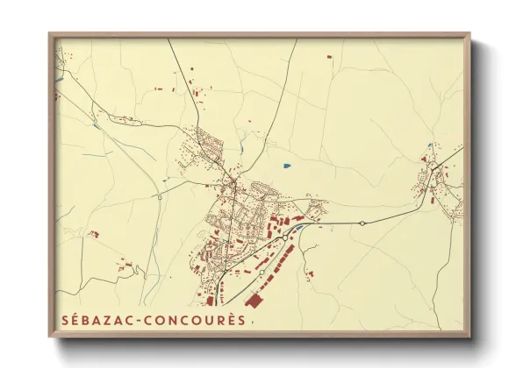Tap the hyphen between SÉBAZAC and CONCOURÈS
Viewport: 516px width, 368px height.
(x=137, y=320)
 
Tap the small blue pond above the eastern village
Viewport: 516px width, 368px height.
(x=430, y=145)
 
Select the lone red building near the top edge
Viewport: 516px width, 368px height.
(x=330, y=57)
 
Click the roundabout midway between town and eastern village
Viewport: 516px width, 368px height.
(x=362, y=223)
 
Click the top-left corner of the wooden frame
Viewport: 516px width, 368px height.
(x=50, y=34)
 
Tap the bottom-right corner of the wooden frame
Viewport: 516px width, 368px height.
(x=469, y=336)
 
